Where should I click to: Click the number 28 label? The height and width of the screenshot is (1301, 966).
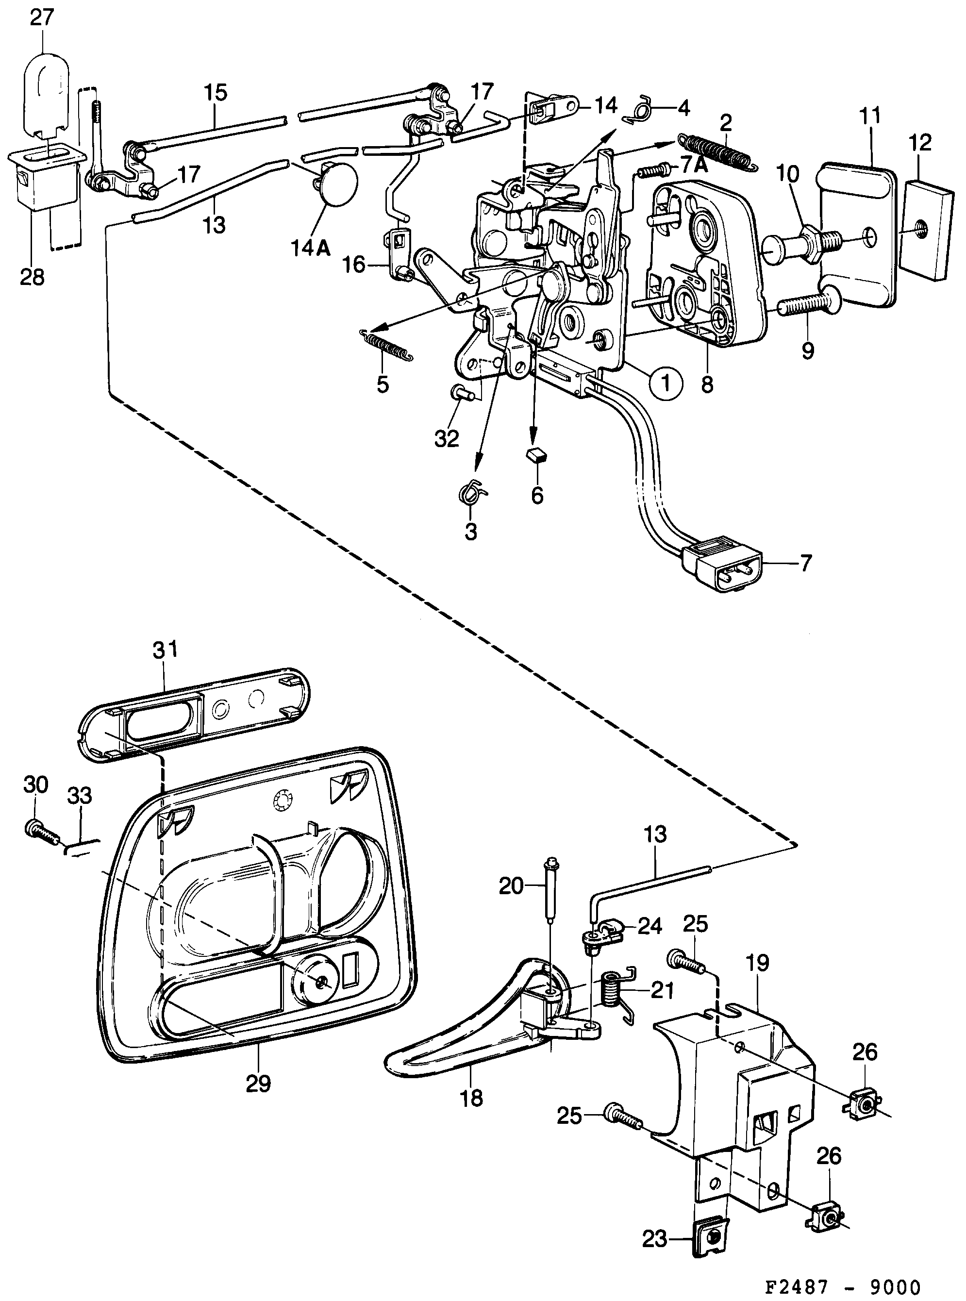click(32, 277)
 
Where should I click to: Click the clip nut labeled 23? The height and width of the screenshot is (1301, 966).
click(711, 1236)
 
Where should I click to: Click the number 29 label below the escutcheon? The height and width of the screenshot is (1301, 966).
click(258, 1084)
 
